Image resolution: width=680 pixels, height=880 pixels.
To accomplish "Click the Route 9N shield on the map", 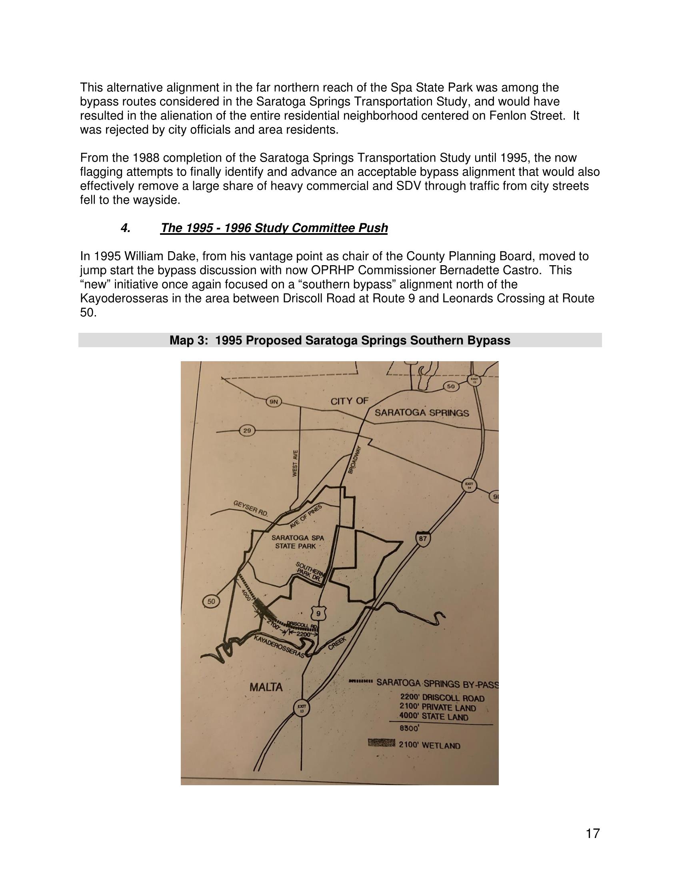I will pos(274,401).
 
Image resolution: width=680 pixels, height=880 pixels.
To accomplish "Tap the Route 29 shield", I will pos(247,430).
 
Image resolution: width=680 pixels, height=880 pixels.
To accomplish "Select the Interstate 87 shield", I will pos(422,539).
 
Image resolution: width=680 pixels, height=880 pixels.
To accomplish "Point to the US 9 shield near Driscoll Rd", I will pos(319,614).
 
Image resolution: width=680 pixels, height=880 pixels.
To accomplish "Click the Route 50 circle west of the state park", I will pos(211,602).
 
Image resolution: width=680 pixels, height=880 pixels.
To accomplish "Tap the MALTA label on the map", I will pos(266,687).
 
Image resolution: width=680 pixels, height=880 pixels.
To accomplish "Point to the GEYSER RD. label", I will pos(250,509).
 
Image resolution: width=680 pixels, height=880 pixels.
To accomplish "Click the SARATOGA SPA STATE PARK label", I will pos(298,542).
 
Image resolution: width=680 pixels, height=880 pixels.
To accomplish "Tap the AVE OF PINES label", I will pos(306,516).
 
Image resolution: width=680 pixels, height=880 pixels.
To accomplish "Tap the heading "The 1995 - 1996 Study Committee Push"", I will pos(274,228).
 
